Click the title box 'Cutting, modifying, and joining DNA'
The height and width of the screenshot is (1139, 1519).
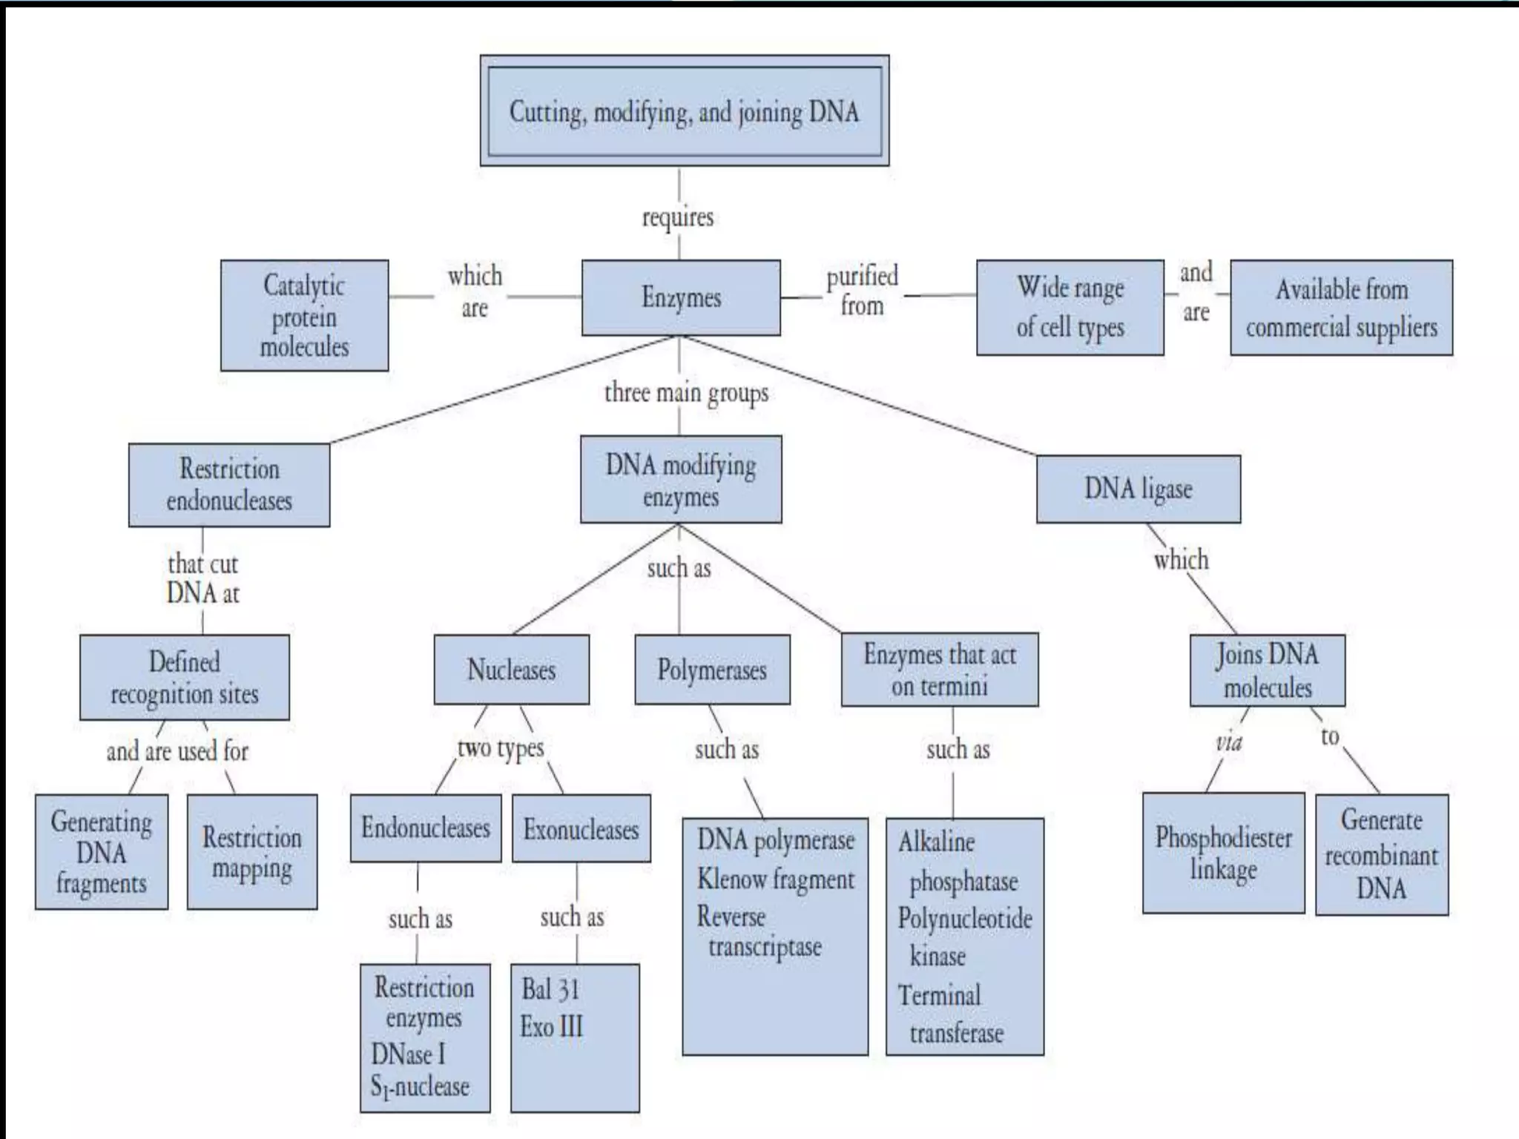tap(684, 111)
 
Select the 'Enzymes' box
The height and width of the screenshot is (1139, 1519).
tap(681, 297)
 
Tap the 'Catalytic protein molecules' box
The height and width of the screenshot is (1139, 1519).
tap(304, 315)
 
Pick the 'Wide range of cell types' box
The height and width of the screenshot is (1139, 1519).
tap(1070, 307)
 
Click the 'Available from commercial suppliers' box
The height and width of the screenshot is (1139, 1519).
tap(1341, 307)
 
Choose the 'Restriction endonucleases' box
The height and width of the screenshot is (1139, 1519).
tap(229, 485)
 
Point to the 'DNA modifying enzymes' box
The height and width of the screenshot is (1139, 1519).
tap(681, 479)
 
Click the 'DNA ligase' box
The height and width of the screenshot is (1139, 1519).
tap(1138, 489)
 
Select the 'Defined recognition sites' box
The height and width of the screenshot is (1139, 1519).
tap(185, 677)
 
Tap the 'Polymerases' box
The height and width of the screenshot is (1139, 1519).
tap(712, 670)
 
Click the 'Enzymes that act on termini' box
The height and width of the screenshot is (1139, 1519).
tap(940, 670)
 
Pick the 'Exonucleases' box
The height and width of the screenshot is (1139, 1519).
tap(581, 828)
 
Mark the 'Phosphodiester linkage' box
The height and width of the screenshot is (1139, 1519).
tap(1223, 853)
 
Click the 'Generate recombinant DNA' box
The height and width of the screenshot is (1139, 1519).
tap(1381, 854)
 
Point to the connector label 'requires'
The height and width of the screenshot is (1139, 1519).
tap(678, 217)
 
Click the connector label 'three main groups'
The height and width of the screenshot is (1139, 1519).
tap(686, 392)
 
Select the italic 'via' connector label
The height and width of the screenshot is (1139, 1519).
tap(1228, 742)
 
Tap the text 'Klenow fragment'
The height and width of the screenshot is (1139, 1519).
tap(776, 879)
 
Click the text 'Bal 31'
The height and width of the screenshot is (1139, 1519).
tap(550, 989)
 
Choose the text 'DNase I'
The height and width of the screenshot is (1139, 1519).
tap(409, 1054)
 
